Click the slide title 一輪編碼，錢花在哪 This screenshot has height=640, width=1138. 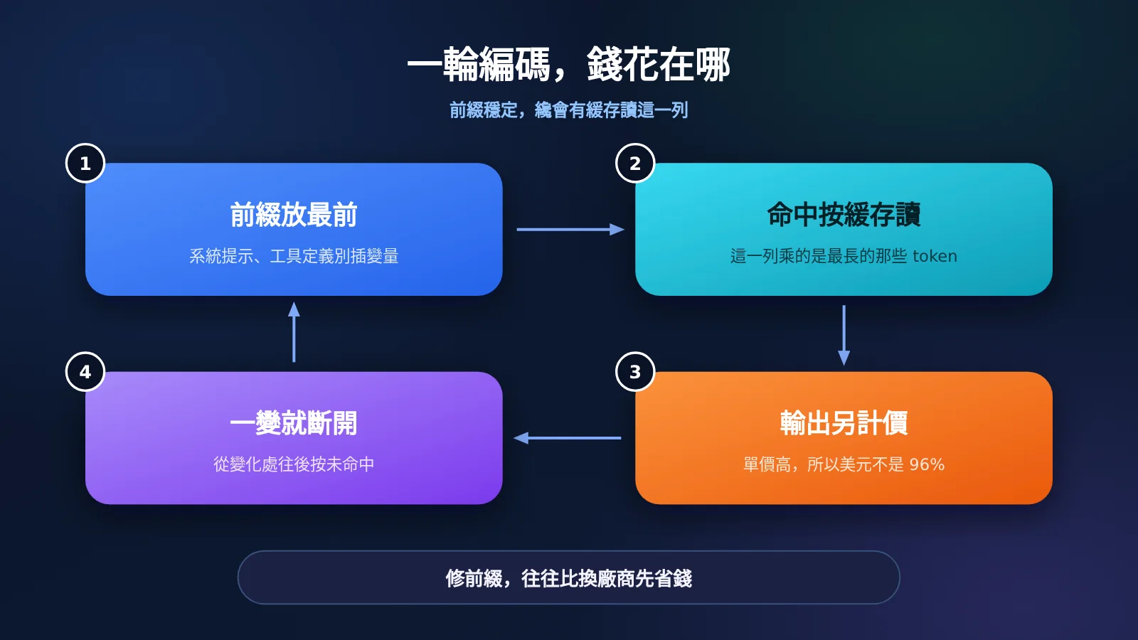pos(568,65)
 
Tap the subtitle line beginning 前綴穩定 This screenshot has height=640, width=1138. pos(568,110)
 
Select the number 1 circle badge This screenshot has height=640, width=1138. pos(85,163)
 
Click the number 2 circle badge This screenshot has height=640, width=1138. pos(635,163)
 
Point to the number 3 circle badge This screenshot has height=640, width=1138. pos(635,372)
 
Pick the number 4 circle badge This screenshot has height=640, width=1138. pos(85,372)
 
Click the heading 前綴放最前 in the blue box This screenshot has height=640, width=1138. pos(294,214)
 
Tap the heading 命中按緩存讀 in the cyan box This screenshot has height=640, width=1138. pos(844,214)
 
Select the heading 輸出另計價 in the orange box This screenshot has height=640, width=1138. pos(844,422)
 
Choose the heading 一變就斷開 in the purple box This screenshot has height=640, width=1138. pos(294,422)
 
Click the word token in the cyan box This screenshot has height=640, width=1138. pos(935,256)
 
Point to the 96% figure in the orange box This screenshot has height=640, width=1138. pos(927,464)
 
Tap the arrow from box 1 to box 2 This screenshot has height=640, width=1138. pos(570,230)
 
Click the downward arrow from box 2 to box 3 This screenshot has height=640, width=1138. pos(844,335)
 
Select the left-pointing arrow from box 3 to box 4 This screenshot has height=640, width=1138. pos(567,438)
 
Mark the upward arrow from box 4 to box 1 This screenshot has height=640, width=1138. pos(294,332)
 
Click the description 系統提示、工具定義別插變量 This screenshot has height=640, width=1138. pos(294,256)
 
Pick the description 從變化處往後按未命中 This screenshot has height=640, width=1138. pos(294,464)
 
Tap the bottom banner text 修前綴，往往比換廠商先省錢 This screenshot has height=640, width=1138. pos(568,578)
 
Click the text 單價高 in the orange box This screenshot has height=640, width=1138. pos(767,464)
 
